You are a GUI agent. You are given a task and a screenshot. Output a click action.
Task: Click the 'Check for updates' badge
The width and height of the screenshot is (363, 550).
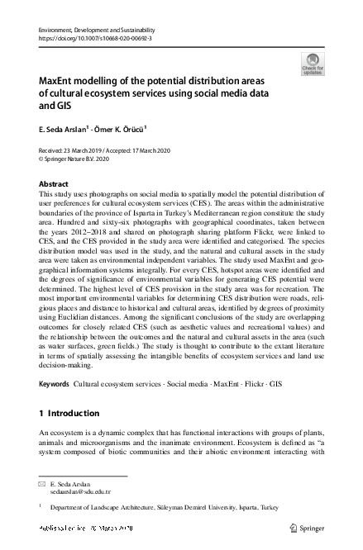click(x=313, y=64)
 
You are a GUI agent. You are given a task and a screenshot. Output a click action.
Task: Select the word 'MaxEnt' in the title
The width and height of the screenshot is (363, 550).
click(x=60, y=83)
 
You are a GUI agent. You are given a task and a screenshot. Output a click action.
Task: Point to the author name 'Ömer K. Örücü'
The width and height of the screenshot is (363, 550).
click(x=122, y=128)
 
